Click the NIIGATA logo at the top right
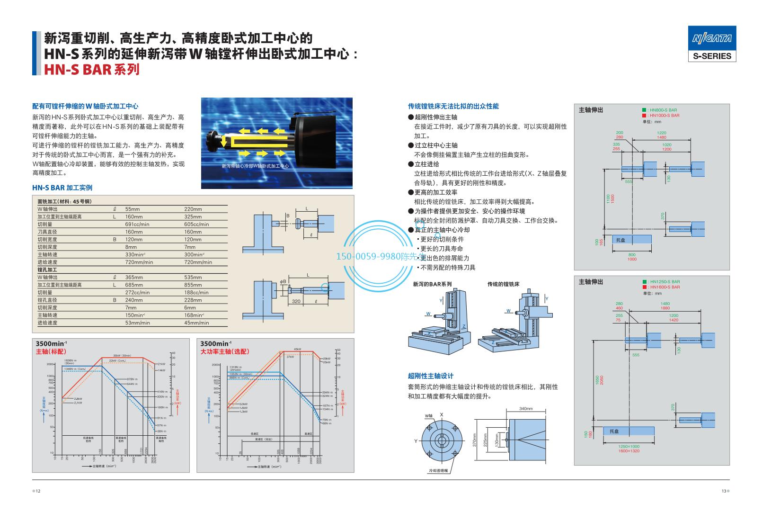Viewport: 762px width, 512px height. [712, 38]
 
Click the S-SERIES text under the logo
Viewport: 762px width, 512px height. [712, 56]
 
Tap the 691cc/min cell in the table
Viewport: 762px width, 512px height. [137, 224]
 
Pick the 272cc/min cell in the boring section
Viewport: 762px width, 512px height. [137, 292]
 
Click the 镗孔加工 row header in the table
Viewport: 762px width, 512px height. [47, 269]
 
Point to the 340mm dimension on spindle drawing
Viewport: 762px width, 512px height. [526, 408]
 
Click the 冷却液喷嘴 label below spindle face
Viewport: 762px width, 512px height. [438, 470]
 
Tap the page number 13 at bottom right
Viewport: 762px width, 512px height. [723, 491]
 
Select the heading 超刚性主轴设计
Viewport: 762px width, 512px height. [431, 376]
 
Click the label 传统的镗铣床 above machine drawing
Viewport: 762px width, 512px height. [503, 284]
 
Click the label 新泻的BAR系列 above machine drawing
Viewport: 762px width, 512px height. [432, 284]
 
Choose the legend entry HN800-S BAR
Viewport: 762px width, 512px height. [663, 110]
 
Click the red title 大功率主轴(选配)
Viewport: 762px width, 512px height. [225, 351]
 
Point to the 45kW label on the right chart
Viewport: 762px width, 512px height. [297, 349]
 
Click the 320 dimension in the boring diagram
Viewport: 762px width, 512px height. [296, 301]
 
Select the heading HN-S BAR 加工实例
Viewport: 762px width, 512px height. [62, 188]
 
